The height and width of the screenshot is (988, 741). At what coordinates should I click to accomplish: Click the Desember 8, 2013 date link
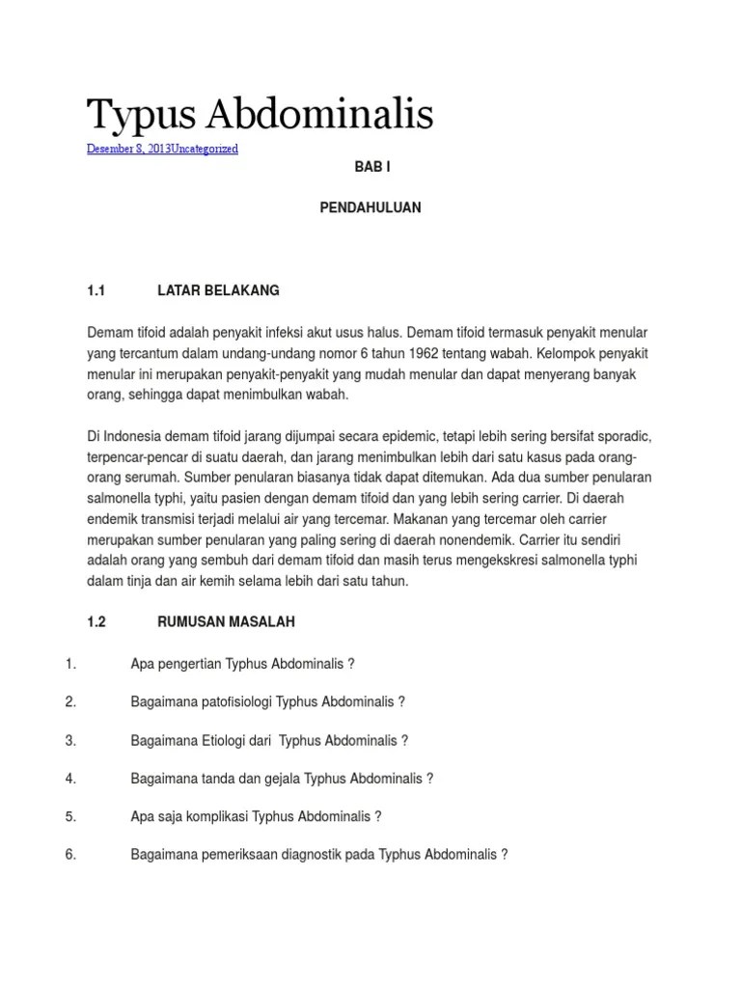(128, 149)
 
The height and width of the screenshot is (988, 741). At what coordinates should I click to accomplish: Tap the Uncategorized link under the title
(205, 149)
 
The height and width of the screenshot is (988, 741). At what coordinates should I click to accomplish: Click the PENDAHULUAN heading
(370, 207)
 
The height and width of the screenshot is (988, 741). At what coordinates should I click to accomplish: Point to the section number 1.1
(95, 289)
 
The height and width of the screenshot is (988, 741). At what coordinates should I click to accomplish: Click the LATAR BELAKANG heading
(218, 289)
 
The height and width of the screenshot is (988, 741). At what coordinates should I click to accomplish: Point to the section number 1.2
(95, 622)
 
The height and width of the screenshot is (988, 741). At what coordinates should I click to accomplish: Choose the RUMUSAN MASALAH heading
(226, 622)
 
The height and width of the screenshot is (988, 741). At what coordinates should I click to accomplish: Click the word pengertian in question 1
(187, 664)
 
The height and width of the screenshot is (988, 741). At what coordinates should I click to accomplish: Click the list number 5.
(70, 816)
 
